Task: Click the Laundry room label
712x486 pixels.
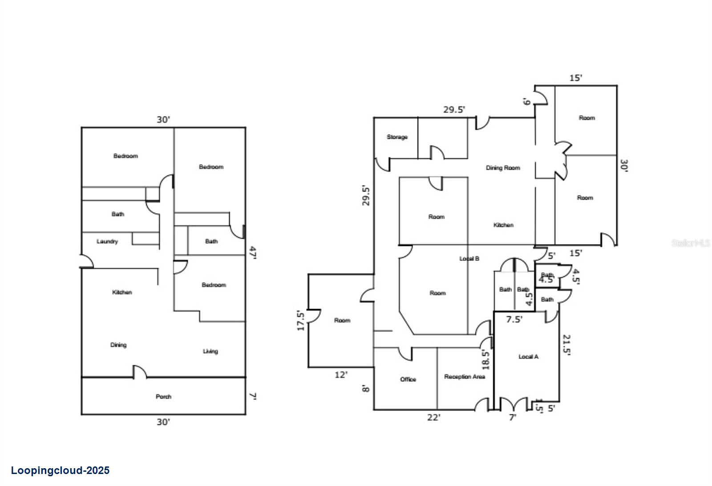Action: pos(107,241)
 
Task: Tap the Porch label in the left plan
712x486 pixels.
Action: pos(163,397)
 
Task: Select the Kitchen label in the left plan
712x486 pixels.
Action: pos(122,292)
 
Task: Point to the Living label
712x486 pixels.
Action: pos(210,351)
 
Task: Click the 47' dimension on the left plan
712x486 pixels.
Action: pos(252,253)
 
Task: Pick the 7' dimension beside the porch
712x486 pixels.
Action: pos(252,396)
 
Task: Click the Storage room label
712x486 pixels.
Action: pos(397,137)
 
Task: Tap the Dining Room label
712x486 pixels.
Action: pos(503,168)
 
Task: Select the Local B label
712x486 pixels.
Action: pos(469,258)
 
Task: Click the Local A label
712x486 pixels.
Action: pos(528,357)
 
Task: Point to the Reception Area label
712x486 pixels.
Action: pos(465,377)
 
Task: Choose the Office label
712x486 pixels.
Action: pos(408,379)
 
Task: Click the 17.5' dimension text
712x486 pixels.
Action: pos(301,321)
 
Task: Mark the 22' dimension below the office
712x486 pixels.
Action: pos(433,418)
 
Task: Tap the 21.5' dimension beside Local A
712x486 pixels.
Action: pos(566,345)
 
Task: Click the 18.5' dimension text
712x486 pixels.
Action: pos(485,360)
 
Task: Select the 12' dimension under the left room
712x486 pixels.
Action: pos(341,375)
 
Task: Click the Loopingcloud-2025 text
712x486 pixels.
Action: pos(60,470)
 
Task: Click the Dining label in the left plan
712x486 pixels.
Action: pos(118,345)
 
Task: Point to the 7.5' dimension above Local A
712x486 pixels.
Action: pos(514,319)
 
